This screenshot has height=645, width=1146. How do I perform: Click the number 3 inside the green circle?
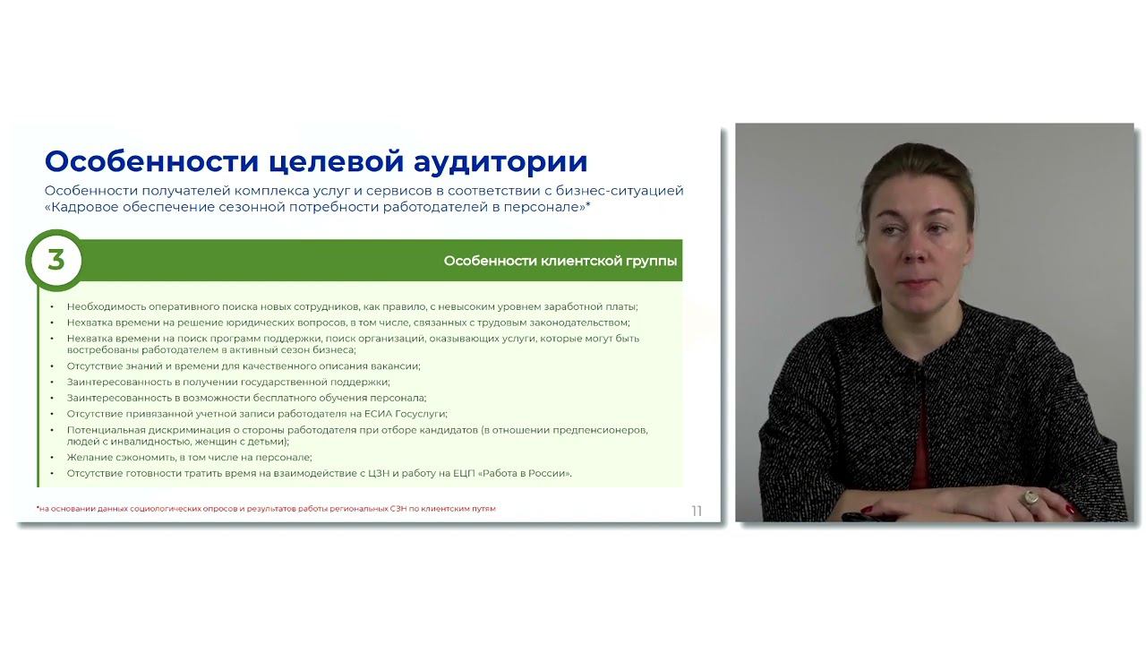coord(56,260)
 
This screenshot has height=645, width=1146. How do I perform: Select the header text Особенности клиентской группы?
coord(560,261)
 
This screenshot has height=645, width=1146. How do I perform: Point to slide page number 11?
coord(697,511)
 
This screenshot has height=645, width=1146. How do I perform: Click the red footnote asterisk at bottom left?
coord(38,507)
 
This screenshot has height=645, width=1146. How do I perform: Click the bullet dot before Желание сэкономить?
coord(52,458)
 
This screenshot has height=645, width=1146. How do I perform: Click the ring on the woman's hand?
coord(1031,495)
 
